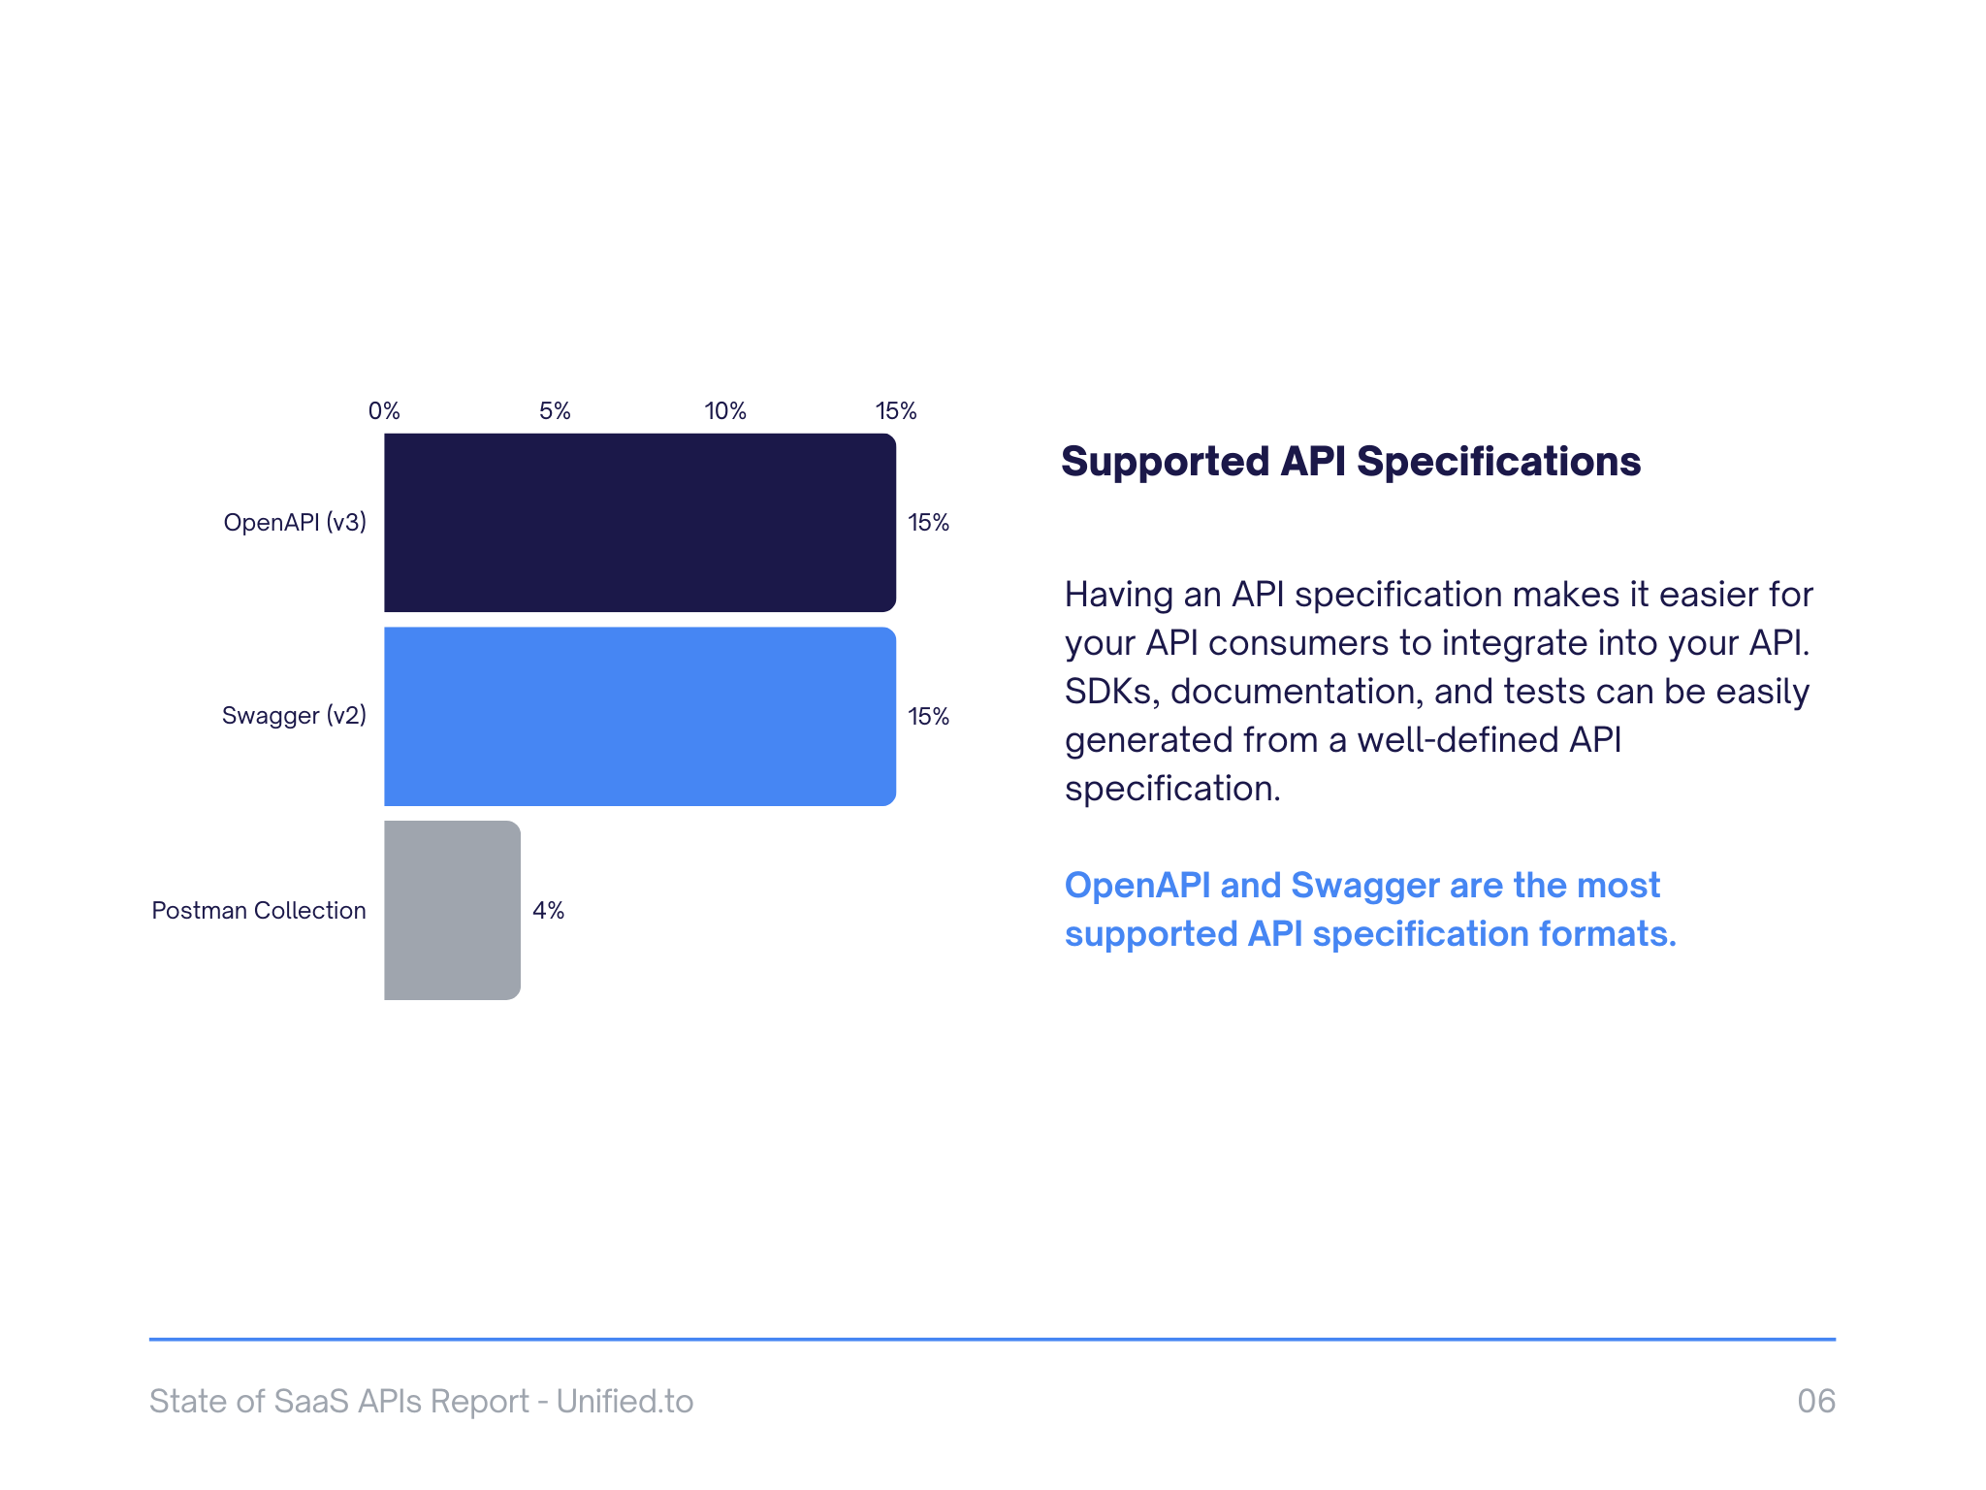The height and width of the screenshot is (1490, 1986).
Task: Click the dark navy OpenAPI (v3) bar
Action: point(640,522)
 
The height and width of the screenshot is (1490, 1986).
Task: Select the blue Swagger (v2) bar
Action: point(640,716)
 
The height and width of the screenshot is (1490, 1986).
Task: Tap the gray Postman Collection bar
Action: point(452,910)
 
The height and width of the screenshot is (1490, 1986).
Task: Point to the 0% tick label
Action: point(384,410)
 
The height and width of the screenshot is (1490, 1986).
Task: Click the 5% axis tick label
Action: point(555,410)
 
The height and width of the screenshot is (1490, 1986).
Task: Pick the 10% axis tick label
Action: point(725,410)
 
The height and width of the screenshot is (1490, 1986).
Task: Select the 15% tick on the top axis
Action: point(896,410)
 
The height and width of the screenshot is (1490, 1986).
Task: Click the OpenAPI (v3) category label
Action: point(295,522)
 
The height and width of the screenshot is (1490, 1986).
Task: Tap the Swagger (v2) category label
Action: point(294,716)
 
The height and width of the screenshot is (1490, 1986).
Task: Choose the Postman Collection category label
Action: point(259,910)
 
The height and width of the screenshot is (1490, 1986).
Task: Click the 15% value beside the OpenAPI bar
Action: point(928,522)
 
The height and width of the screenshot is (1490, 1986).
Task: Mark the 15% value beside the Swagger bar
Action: point(928,716)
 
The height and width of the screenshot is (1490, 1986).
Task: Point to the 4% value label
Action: point(548,910)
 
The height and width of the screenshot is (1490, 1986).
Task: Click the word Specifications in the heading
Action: point(1498,462)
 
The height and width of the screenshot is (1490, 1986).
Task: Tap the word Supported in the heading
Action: point(1165,462)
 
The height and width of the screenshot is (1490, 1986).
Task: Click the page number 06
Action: point(1815,1401)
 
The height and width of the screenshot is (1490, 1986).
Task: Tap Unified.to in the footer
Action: point(625,1401)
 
